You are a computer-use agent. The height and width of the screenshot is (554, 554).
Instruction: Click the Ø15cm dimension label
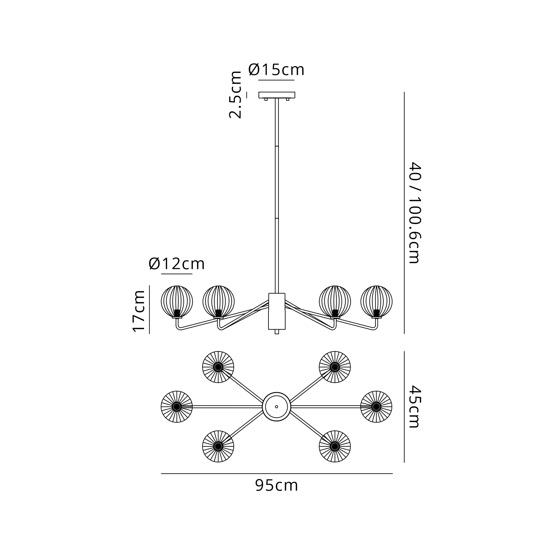coord(276,70)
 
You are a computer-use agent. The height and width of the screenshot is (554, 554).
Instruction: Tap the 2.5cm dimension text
coord(235,95)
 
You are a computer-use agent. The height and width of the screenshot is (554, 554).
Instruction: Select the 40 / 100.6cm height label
coord(414,212)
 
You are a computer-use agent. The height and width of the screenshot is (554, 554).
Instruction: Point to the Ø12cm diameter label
coord(177,263)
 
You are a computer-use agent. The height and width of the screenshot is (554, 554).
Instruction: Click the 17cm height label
coord(139,311)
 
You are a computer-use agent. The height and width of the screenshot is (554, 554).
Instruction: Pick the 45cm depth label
coord(414,406)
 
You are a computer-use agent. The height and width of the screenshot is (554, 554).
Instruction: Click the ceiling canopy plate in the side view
coord(277,95)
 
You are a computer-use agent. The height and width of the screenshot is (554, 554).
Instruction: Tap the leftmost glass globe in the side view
coord(177,301)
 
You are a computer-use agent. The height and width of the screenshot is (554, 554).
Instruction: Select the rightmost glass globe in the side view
coord(376,301)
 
